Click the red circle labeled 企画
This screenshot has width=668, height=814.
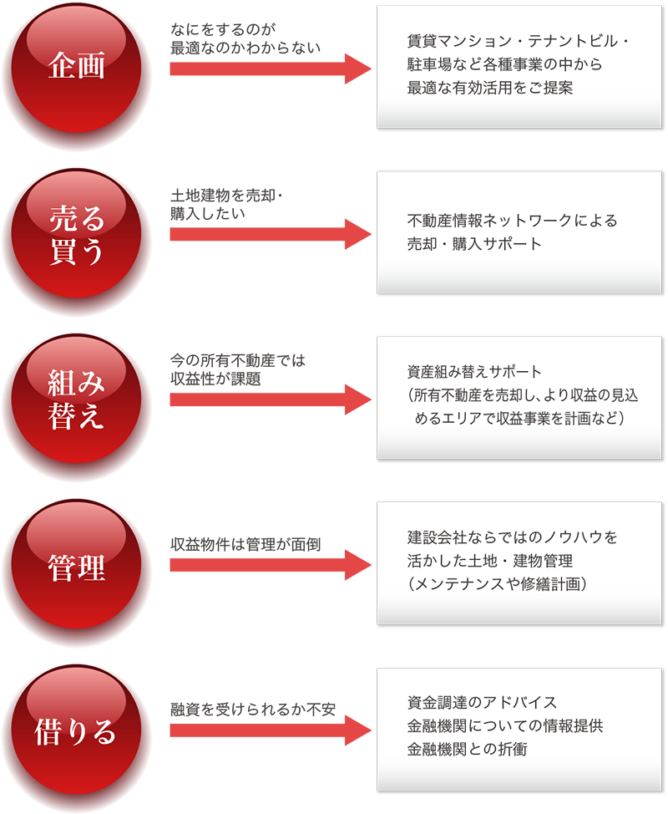(77, 67)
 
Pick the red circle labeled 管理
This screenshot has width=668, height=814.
(77, 568)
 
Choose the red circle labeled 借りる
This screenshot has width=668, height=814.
(77, 733)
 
